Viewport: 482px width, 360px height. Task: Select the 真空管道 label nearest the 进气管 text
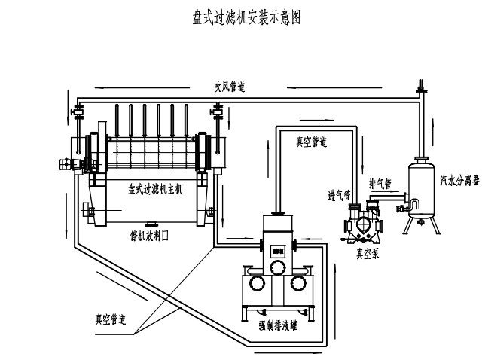[310, 141]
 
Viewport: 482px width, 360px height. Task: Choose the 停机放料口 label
[150, 235]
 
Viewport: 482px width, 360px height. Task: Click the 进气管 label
[339, 196]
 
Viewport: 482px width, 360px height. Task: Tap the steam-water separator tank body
[421, 185]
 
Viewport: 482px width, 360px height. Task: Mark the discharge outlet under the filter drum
[151, 224]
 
